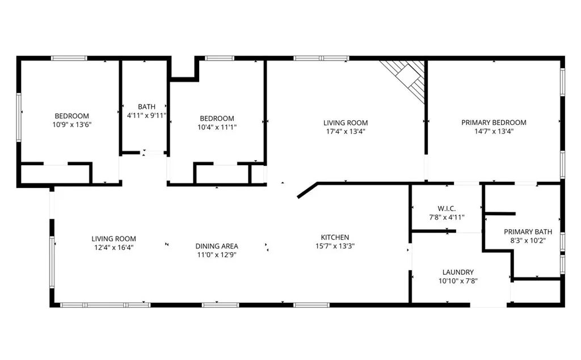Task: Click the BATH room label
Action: click(146, 106)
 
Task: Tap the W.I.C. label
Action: click(447, 209)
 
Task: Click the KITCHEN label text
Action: click(335, 237)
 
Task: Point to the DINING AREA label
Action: click(217, 246)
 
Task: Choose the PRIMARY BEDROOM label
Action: click(494, 122)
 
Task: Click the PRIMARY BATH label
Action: click(528, 232)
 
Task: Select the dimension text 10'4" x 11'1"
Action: click(217, 127)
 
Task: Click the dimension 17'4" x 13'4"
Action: click(346, 131)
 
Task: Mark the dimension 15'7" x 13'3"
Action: click(335, 246)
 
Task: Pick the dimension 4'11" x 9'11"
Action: click(146, 115)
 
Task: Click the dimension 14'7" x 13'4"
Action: click(494, 131)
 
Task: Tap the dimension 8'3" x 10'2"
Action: click(528, 241)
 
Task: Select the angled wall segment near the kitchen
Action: click(308, 190)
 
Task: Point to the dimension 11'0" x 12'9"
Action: click(217, 255)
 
